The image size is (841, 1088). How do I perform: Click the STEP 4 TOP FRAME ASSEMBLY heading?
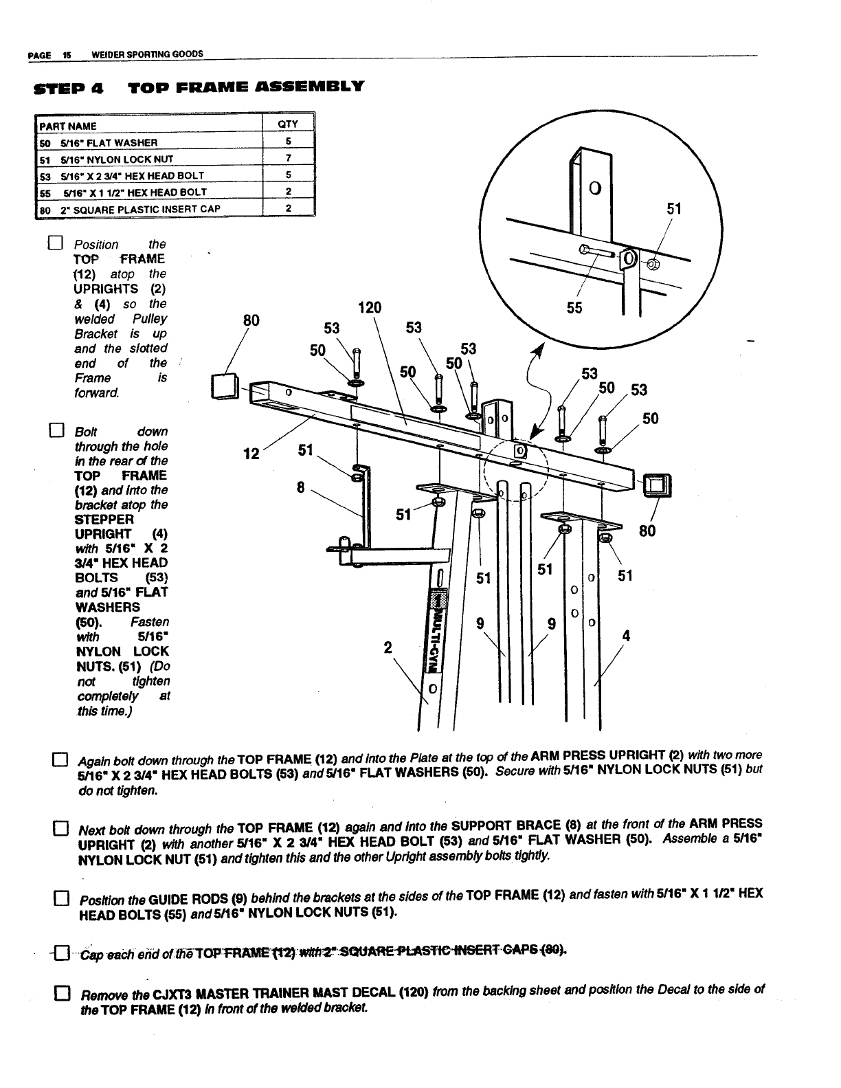(199, 87)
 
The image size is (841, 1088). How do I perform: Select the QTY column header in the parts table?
(288, 124)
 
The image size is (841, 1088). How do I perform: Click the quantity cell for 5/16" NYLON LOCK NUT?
(289, 159)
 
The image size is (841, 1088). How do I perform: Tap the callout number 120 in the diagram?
(370, 307)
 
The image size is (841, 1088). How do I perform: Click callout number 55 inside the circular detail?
(574, 308)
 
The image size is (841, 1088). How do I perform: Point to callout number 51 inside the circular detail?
(674, 208)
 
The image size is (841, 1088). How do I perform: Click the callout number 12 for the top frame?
(253, 454)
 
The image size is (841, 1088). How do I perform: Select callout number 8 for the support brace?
(300, 487)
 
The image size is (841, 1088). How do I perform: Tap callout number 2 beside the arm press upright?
(388, 647)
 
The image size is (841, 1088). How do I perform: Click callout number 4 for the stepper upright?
(625, 636)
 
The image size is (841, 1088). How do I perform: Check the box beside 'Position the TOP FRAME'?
(56, 244)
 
